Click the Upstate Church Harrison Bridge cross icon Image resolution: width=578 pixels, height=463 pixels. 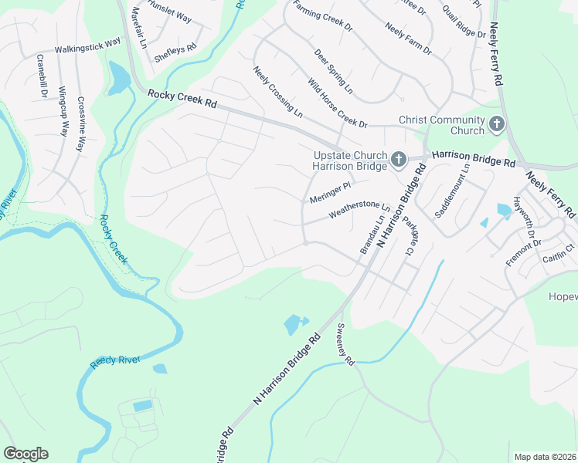pyautogui.click(x=398, y=160)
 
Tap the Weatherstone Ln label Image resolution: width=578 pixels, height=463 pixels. pyautogui.click(x=359, y=208)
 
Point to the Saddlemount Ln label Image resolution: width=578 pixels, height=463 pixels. pyautogui.click(x=453, y=191)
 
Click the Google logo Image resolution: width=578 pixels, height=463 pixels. pyautogui.click(x=25, y=454)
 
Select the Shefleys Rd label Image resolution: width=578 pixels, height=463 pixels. pyautogui.click(x=175, y=52)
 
